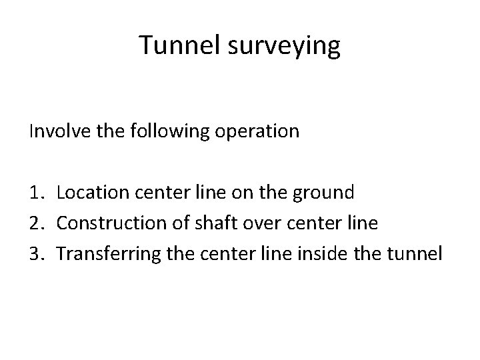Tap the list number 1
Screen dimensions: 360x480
pyautogui.click(x=36, y=193)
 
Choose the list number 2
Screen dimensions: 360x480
pyautogui.click(x=36, y=223)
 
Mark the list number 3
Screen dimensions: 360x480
pyautogui.click(x=36, y=253)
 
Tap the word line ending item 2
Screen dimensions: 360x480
pyautogui.click(x=363, y=223)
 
